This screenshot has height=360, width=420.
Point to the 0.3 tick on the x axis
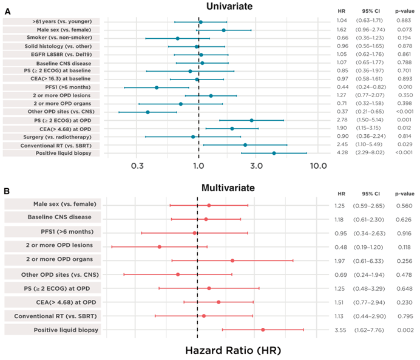click(x=137, y=165)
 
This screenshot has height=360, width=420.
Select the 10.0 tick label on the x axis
click(x=316, y=165)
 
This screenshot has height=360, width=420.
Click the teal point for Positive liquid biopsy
click(x=274, y=154)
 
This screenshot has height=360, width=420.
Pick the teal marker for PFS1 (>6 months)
click(x=157, y=87)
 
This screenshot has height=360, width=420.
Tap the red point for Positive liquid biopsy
click(x=263, y=330)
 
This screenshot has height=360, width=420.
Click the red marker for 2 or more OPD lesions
click(x=160, y=246)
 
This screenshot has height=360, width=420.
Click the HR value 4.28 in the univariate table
click(x=343, y=154)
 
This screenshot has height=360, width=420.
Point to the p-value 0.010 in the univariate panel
click(x=404, y=87)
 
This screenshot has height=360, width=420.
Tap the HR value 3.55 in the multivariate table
click(x=339, y=330)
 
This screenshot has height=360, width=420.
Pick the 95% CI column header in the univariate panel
click(x=371, y=11)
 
